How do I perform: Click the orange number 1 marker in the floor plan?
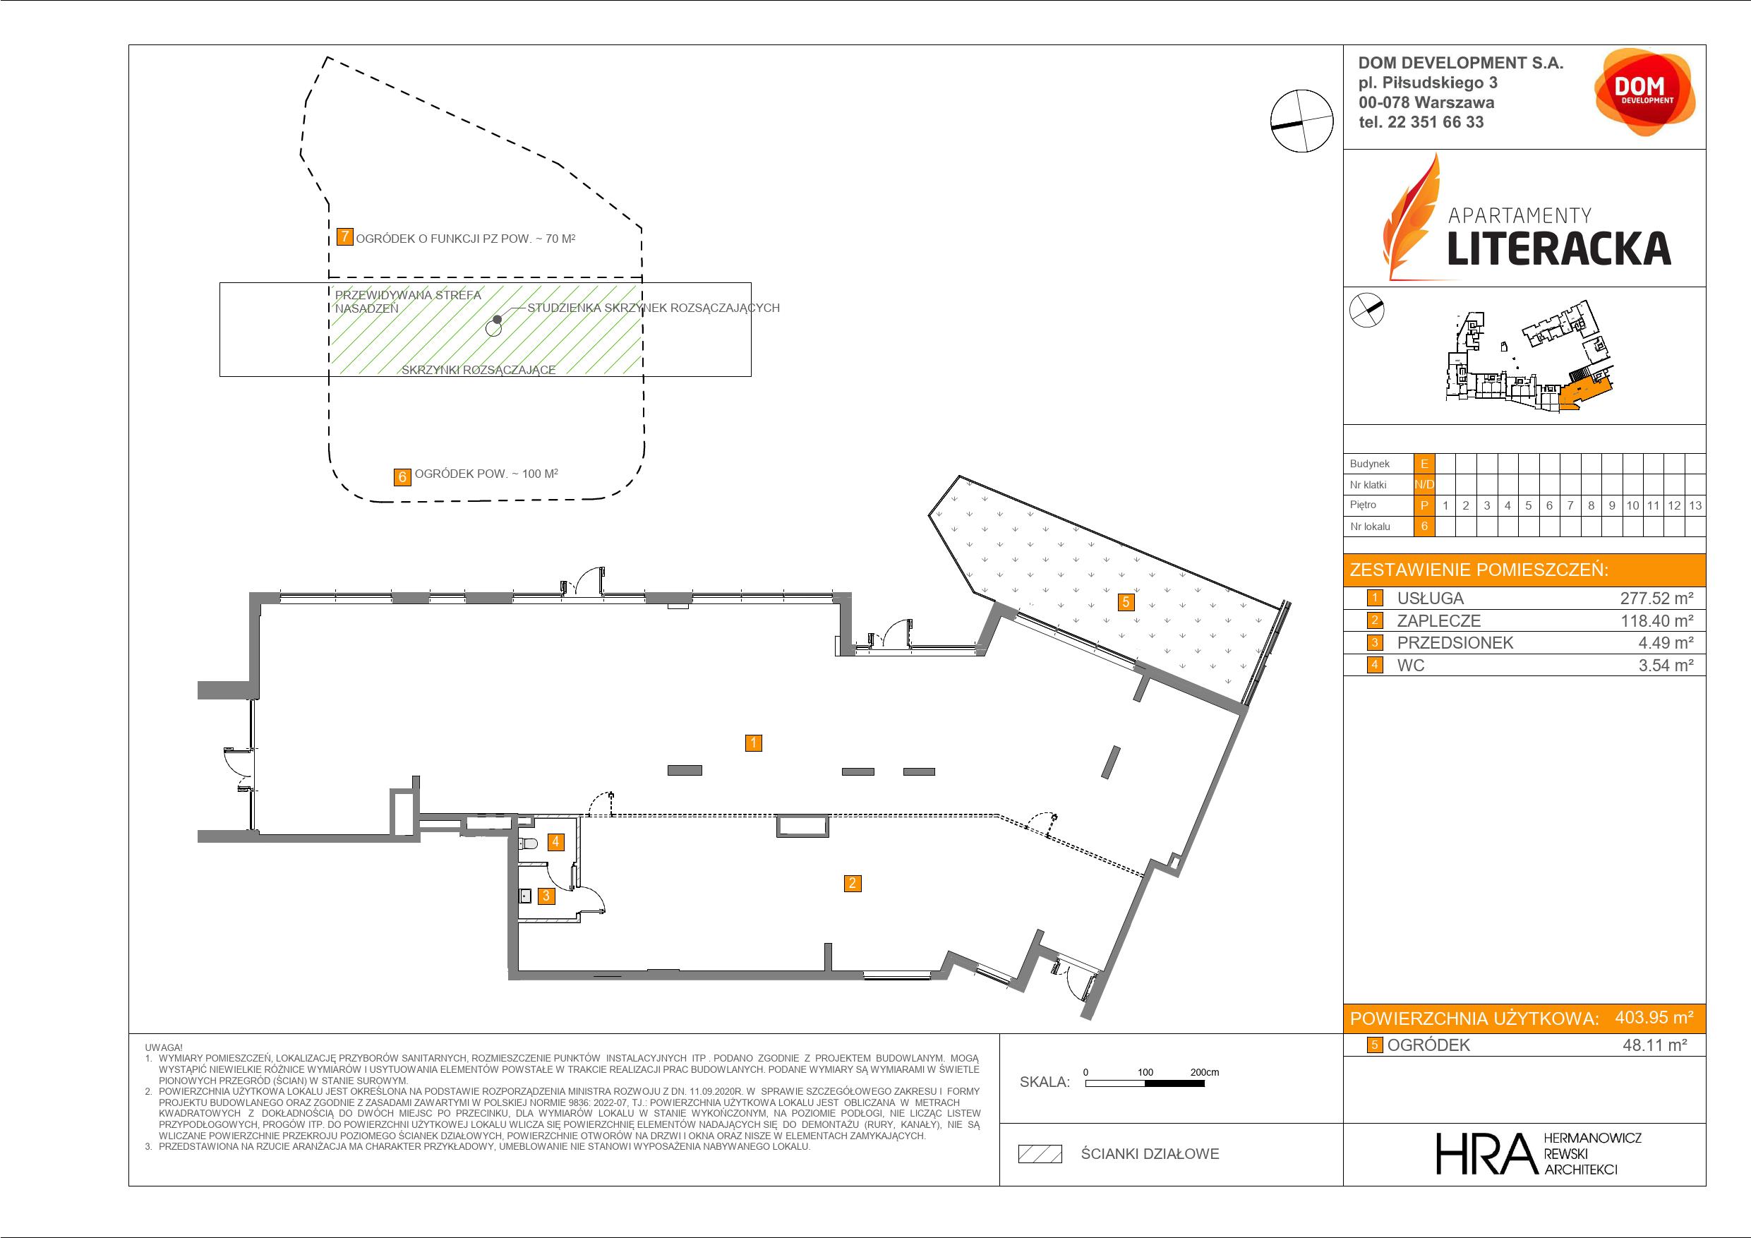pyautogui.click(x=753, y=743)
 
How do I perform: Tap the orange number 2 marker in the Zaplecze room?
pyautogui.click(x=852, y=883)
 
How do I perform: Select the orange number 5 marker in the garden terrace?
pyautogui.click(x=1125, y=602)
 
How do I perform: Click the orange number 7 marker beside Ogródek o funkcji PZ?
pyautogui.click(x=344, y=236)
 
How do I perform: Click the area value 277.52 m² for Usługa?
pyautogui.click(x=1656, y=599)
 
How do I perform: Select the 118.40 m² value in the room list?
pyautogui.click(x=1656, y=621)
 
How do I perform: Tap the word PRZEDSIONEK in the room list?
pyautogui.click(x=1455, y=643)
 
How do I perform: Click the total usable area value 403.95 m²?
pyautogui.click(x=1654, y=1017)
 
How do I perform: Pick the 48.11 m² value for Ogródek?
pyautogui.click(x=1654, y=1045)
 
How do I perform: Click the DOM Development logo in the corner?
pyautogui.click(x=1645, y=92)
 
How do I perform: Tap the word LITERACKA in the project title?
pyautogui.click(x=1559, y=248)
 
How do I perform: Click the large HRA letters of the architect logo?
pyautogui.click(x=1485, y=1153)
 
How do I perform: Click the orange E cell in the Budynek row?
pyautogui.click(x=1424, y=464)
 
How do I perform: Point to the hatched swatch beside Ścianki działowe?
pyautogui.click(x=1040, y=1154)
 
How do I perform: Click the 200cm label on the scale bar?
pyautogui.click(x=1204, y=1071)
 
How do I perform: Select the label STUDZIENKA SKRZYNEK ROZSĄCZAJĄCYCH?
pyautogui.click(x=654, y=308)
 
